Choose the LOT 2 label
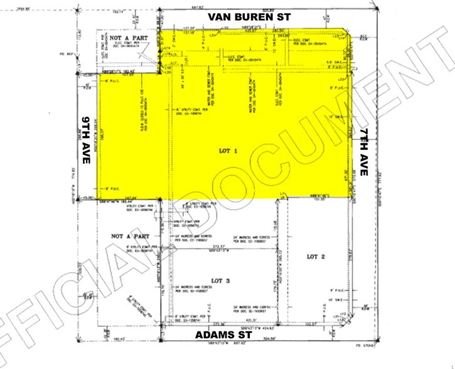tap(316, 257)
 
